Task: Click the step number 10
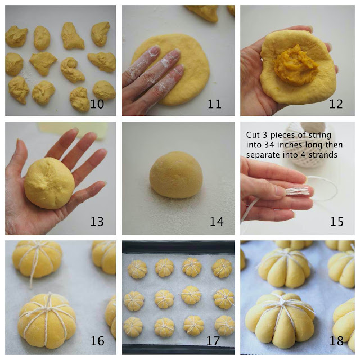click(97, 104)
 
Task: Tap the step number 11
click(214, 104)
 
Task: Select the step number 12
click(336, 104)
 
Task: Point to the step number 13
click(97, 222)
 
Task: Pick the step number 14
click(217, 222)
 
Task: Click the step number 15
click(337, 222)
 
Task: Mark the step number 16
click(97, 341)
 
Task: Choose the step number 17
click(213, 341)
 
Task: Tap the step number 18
click(336, 341)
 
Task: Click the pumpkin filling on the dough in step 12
click(296, 65)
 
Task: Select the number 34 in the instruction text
click(269, 145)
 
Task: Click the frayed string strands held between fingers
click(296, 191)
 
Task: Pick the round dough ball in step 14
click(176, 174)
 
